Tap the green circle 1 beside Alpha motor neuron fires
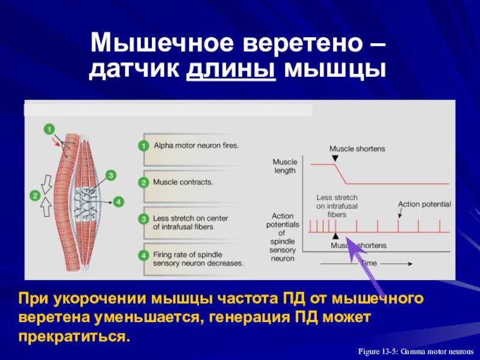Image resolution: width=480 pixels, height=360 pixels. point(143,146)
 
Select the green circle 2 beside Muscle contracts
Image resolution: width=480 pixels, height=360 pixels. point(143,182)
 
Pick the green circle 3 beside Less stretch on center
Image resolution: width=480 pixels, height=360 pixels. point(143,219)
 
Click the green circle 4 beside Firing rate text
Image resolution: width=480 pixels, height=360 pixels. point(143,256)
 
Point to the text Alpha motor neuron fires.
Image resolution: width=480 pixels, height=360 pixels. point(196,145)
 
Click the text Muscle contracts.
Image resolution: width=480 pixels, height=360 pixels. point(183,182)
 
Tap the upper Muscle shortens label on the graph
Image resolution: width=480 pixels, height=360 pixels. point(357,148)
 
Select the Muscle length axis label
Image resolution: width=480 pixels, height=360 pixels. point(285,166)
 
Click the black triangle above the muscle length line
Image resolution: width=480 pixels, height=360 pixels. point(335,157)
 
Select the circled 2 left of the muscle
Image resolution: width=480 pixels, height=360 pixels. point(35,195)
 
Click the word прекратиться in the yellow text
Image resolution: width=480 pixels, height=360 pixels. point(74,334)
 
